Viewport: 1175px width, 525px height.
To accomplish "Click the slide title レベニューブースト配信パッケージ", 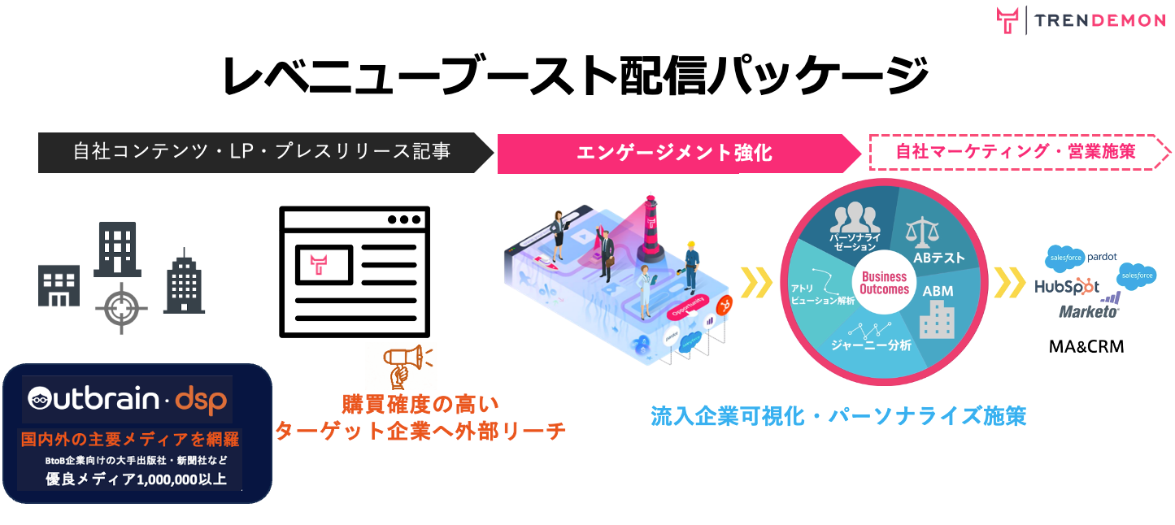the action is point(576,76).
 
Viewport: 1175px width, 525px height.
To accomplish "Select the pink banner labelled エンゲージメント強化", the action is point(674,152).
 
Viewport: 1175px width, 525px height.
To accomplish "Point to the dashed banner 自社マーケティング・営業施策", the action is point(1016,151).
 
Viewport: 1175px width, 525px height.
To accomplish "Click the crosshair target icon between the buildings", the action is point(121,308).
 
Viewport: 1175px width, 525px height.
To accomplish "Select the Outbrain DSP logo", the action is point(127,398).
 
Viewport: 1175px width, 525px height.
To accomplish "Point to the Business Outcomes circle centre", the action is point(884,283).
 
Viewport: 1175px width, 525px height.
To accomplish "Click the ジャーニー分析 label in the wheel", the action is point(870,345).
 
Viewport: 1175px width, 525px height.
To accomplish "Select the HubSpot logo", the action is point(1066,287).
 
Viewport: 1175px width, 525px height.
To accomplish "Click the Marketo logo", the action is point(1089,311).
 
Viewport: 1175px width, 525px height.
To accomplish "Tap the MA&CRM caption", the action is point(1086,347).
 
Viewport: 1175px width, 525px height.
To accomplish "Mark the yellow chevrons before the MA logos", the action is point(1011,283).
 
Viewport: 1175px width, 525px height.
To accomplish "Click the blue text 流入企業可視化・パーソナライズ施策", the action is point(838,415).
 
